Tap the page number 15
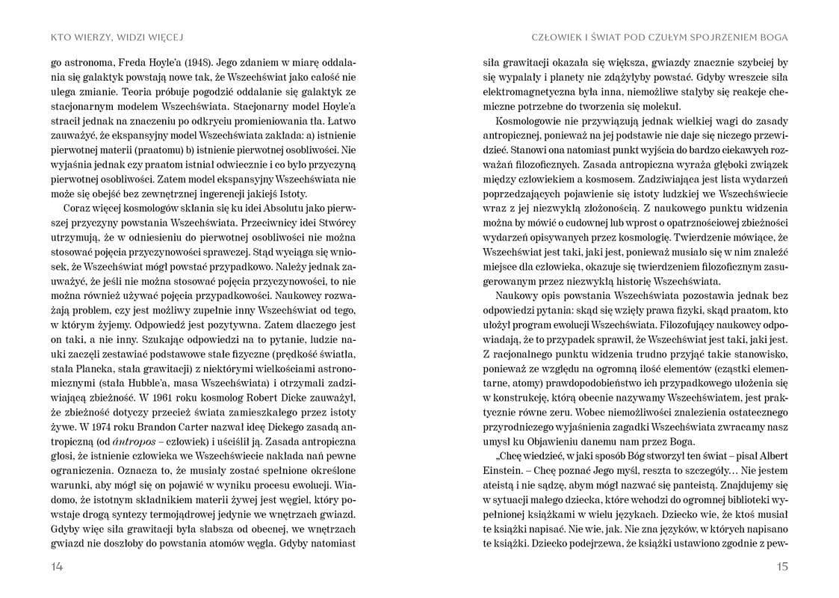782,567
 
